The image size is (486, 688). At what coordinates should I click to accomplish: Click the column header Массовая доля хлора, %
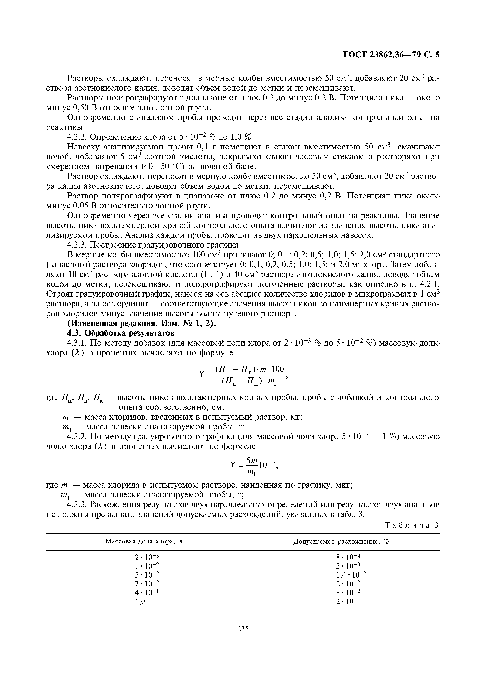point(144,541)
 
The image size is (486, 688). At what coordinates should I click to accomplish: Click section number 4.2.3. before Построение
point(77,245)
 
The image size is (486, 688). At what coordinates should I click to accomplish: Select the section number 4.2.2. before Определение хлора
point(77,137)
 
